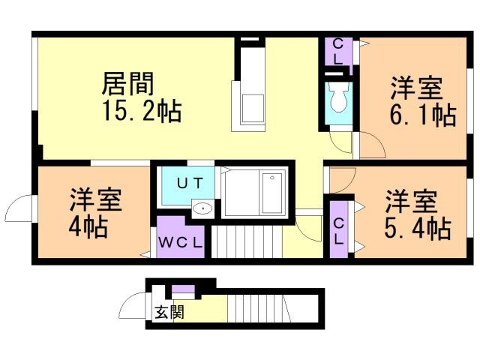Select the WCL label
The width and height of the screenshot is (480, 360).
(x=181, y=242)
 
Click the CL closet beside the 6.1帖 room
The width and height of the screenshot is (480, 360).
(x=338, y=52)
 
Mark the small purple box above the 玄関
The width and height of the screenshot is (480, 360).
(x=183, y=290)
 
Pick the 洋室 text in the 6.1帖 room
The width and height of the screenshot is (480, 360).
(x=415, y=87)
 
